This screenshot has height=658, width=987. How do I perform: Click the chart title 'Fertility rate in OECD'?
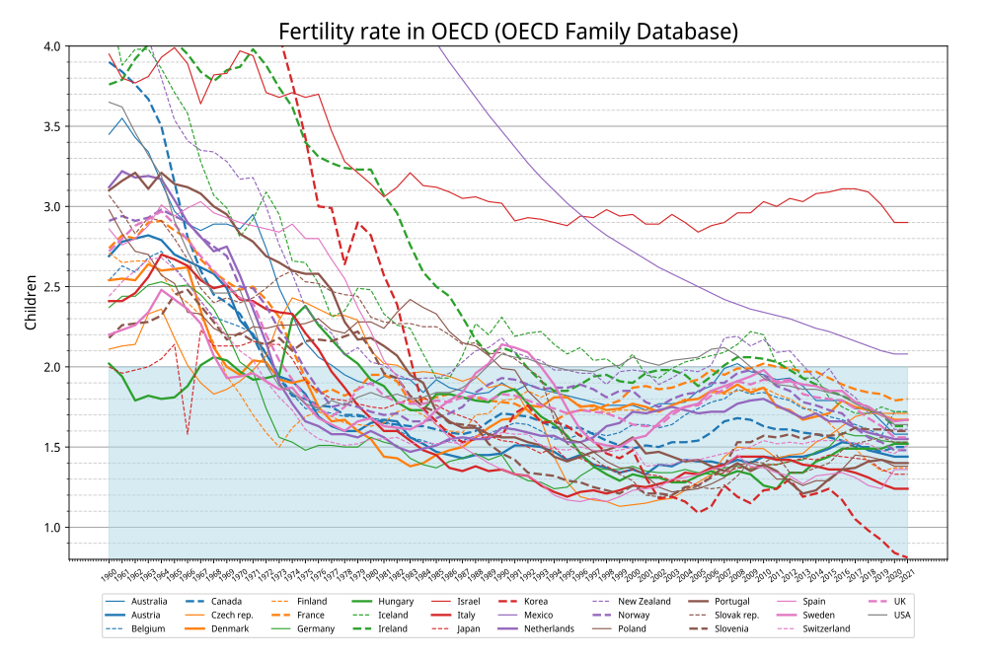[507, 32]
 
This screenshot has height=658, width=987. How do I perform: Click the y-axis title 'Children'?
[32, 303]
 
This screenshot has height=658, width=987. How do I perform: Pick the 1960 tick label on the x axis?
[110, 571]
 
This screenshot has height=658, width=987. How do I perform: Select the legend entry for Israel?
[453, 601]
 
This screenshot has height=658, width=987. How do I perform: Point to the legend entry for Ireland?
[372, 628]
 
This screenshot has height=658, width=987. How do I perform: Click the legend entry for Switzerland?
[820, 628]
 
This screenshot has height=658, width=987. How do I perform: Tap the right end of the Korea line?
[907, 557]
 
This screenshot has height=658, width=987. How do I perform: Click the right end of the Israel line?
[907, 223]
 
